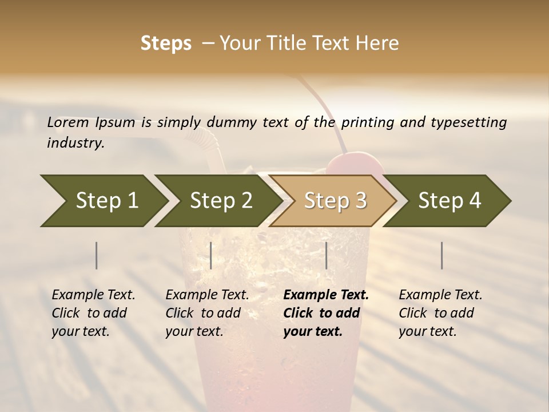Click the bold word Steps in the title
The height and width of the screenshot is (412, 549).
[166, 43]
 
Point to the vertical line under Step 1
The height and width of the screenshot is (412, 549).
[96, 255]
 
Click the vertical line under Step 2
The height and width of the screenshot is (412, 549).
[211, 255]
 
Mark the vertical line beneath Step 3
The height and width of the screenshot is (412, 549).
[327, 255]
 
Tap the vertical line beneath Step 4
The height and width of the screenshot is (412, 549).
[441, 255]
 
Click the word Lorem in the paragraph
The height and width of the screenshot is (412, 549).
[68, 122]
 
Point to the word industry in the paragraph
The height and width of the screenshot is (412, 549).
[75, 143]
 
